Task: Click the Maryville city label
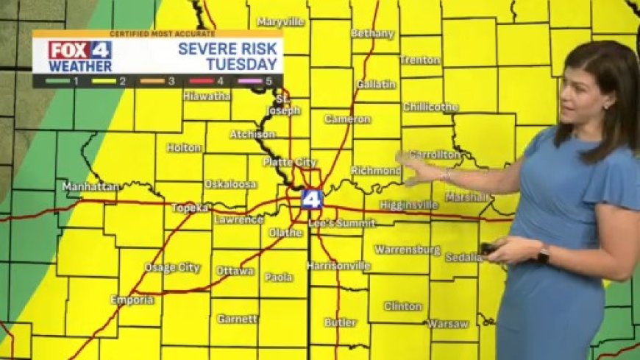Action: point(280,22)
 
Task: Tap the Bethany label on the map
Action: point(372,34)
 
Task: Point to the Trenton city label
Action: point(420,60)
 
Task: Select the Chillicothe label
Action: point(430,107)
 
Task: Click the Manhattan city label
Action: point(90,187)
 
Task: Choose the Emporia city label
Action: point(132,300)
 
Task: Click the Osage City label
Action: point(171,268)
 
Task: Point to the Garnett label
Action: point(238,320)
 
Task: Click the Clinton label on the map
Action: point(403,306)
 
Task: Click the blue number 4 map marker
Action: point(311,200)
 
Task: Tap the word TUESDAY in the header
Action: point(236,64)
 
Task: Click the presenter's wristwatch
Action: point(543,255)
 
